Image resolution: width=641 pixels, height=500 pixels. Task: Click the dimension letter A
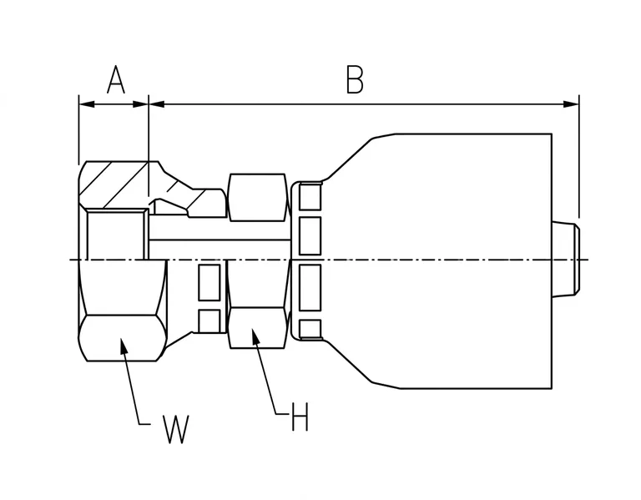coord(116,79)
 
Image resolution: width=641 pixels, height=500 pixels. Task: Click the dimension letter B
coord(355,79)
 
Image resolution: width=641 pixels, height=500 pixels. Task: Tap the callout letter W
coord(176,429)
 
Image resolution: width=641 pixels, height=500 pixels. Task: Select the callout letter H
coord(300,417)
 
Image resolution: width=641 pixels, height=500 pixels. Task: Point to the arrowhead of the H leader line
coord(256,336)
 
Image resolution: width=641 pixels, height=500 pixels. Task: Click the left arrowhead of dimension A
coord(87,104)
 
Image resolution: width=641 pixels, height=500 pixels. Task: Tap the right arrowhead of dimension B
coord(571,104)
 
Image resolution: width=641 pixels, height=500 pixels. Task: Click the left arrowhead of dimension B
coord(157,104)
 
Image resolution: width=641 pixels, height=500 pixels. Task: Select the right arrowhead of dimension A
coord(140,104)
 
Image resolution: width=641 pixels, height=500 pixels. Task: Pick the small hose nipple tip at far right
coord(566,259)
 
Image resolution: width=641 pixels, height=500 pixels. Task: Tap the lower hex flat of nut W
coord(122,338)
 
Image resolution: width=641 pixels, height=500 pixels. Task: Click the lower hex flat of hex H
coord(257,328)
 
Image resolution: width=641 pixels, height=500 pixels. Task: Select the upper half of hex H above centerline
coord(257,198)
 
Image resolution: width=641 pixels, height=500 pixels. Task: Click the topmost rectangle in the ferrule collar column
coord(310,197)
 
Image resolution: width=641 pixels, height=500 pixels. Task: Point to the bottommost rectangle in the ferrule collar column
coord(310,329)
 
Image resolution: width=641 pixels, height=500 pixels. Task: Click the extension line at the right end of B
coord(579,156)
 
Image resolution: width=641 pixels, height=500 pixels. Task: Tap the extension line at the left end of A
coord(79,129)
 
